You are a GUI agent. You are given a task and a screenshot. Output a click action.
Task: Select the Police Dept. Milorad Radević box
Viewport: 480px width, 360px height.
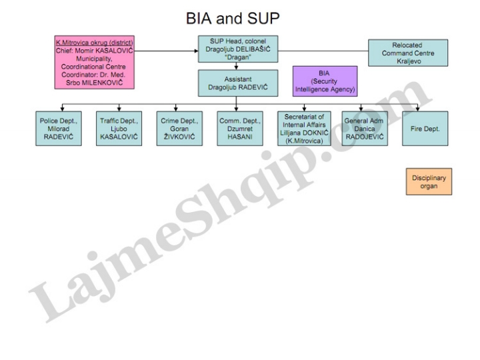(x=61, y=127)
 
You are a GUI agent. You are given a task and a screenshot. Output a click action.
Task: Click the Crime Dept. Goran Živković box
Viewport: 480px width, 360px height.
(x=177, y=127)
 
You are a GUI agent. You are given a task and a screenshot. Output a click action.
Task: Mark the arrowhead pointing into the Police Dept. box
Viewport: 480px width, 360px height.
(x=61, y=109)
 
